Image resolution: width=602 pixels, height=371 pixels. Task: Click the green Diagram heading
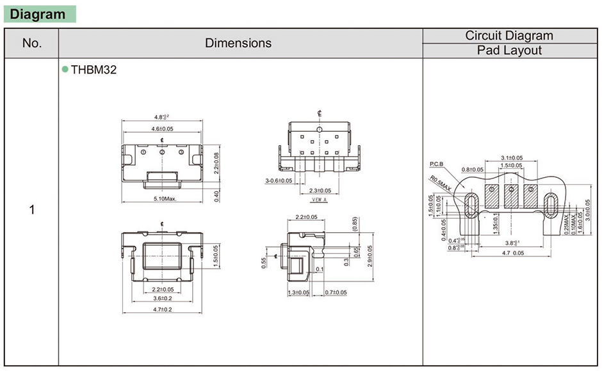pos(39,13)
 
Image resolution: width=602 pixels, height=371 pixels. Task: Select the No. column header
pos(31,43)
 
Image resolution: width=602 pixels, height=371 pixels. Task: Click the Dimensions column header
pos(238,43)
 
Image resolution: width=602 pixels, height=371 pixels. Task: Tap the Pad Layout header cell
pos(510,51)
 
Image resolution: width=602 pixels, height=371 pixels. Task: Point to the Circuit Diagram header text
pos(510,36)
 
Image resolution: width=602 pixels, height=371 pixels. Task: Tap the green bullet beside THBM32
pos(65,70)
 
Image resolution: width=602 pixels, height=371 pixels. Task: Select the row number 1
pos(31,210)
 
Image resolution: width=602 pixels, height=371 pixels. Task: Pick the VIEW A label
pos(320,200)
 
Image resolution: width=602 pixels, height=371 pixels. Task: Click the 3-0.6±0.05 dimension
pos(279,181)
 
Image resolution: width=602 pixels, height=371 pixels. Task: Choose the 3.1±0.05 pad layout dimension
pos(511,157)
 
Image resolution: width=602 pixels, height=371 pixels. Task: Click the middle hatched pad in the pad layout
pos(511,197)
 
